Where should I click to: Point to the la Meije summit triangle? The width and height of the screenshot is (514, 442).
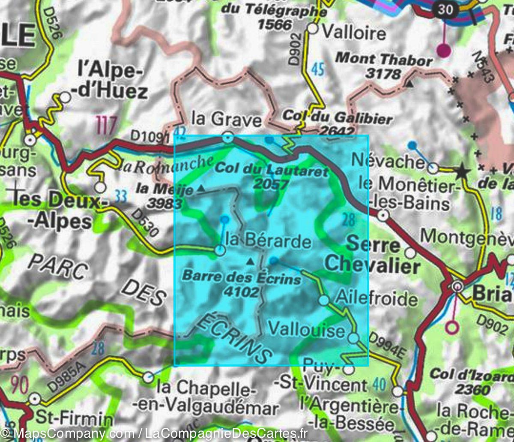pos(200,188)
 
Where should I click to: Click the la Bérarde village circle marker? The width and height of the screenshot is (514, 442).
pos(220,250)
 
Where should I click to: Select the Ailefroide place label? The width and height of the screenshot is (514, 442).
pos(377,298)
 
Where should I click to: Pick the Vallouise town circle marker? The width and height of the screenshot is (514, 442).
pos(353,338)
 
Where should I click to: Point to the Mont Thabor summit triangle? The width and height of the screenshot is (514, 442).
pos(410,84)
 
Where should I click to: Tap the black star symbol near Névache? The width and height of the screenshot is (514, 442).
pos(462,172)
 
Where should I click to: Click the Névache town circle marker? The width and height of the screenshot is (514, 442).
pos(433,168)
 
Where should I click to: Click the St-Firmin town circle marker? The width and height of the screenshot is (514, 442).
pos(35,400)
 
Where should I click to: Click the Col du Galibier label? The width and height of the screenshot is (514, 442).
pos(338,119)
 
